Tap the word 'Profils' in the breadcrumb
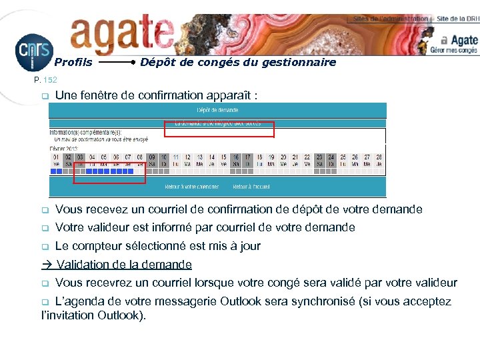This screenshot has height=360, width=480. coord(73,63)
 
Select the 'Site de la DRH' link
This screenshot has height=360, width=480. coord(457,19)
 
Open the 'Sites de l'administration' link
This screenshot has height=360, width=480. coord(390,19)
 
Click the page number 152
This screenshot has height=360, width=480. coord(50,80)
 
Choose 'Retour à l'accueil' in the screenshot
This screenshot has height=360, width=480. coord(251,187)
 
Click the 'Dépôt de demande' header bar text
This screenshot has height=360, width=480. coord(217,110)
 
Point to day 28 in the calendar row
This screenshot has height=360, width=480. coord(379,160)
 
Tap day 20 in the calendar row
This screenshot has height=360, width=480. coord(283,160)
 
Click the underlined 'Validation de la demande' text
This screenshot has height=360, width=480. coord(124,265)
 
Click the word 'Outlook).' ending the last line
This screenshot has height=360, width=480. coord(121,315)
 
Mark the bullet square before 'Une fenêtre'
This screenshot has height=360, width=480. coord(45,96)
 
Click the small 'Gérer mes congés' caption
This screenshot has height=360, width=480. coord(453,50)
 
